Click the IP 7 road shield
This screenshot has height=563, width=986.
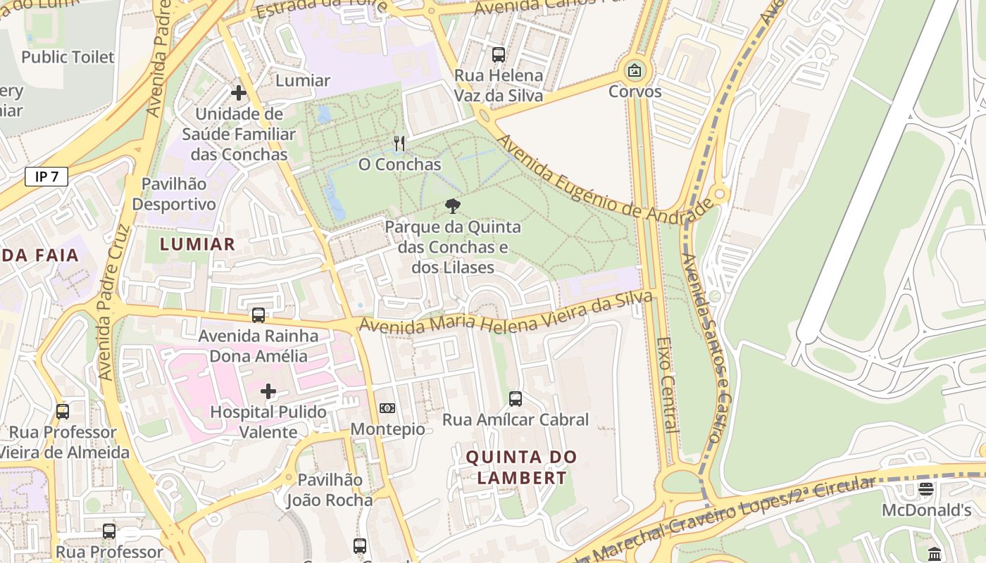click(46, 177)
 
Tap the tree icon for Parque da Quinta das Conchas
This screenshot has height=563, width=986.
click(452, 206)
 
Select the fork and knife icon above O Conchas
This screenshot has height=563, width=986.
click(399, 144)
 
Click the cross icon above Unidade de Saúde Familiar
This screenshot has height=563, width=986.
click(239, 92)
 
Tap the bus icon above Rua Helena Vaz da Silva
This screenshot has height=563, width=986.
click(499, 54)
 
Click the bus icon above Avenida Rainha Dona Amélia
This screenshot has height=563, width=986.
click(258, 315)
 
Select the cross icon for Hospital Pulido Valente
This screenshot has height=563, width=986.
click(268, 391)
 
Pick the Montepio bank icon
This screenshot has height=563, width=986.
click(387, 408)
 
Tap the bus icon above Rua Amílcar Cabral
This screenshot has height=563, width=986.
click(516, 399)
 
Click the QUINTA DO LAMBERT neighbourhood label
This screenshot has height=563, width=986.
click(521, 467)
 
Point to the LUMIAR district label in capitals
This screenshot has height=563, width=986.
click(197, 244)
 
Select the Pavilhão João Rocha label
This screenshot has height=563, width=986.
click(330, 490)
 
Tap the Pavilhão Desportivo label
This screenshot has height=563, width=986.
click(174, 194)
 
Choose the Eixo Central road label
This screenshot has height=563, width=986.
click(667, 384)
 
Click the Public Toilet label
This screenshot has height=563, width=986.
click(68, 57)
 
